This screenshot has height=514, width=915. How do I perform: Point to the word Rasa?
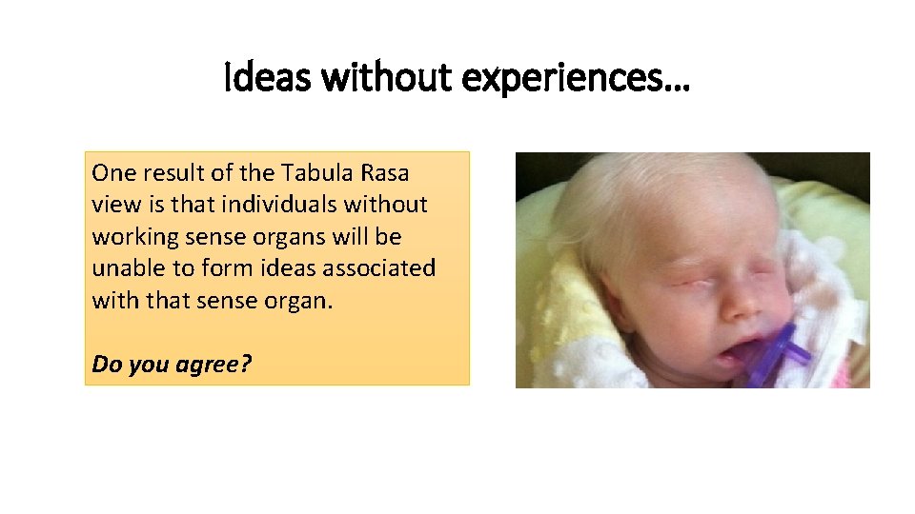point(383,173)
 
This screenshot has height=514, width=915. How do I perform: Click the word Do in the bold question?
point(105,363)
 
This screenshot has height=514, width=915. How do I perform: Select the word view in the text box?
point(115,205)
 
